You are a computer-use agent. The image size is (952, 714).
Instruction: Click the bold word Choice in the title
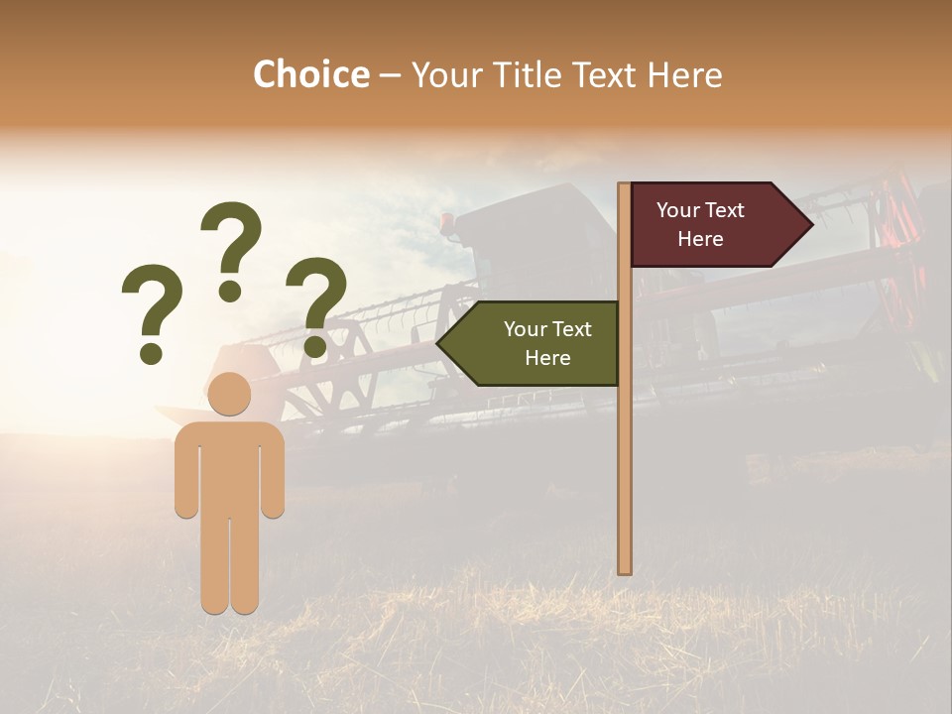[310, 74]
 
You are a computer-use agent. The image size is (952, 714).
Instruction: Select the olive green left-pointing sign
[535, 343]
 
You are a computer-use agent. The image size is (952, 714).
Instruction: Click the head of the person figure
[230, 394]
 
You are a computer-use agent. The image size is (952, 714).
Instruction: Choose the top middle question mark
[231, 248]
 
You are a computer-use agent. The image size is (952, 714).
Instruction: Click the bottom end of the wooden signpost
[625, 569]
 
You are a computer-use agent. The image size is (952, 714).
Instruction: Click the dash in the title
[390, 76]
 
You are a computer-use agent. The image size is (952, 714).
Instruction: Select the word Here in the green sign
[547, 358]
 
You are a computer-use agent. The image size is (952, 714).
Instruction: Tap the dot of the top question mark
[230, 291]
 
